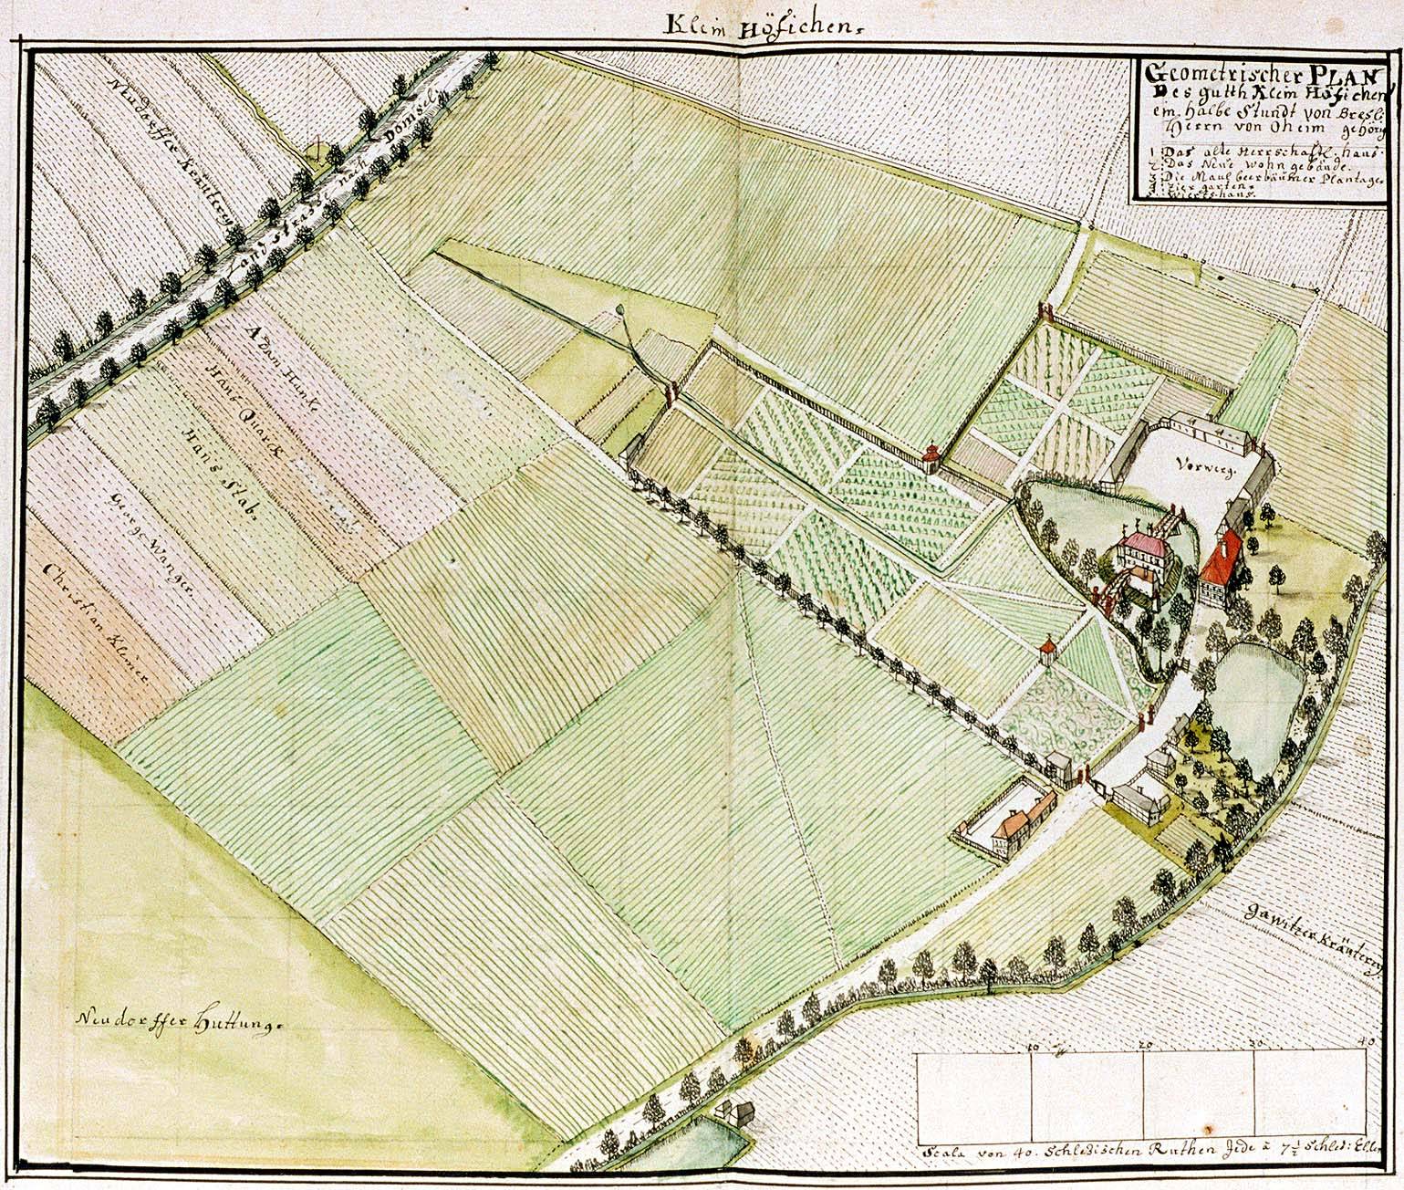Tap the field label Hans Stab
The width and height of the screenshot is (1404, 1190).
[215, 474]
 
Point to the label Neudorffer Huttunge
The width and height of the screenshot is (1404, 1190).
[182, 1018]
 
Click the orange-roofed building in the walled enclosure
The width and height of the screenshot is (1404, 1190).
[1014, 825]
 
